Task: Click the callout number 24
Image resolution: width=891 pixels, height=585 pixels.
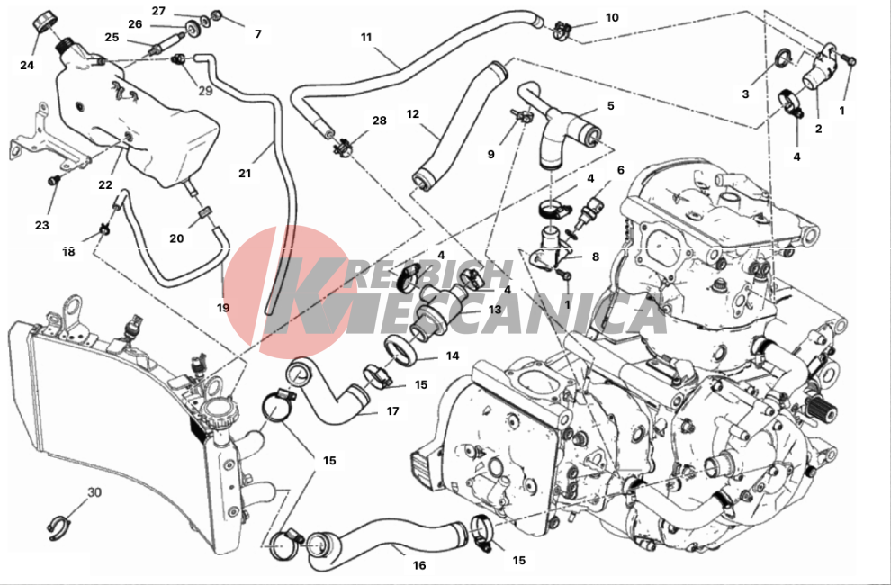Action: click(27, 66)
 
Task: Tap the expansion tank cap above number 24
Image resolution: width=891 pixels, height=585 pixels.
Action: click(44, 22)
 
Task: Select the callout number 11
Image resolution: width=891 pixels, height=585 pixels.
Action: click(366, 38)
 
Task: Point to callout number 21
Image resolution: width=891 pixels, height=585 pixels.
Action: click(244, 174)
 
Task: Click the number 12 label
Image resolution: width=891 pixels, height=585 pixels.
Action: click(412, 114)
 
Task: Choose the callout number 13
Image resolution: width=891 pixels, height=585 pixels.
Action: click(494, 310)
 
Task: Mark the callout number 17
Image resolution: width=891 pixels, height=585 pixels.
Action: click(392, 411)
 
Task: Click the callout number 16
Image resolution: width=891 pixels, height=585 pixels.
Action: click(418, 565)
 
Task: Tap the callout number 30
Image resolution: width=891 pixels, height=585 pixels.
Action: click(94, 492)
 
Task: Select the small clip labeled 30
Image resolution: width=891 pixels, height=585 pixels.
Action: click(58, 528)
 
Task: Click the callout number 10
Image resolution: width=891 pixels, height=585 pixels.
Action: click(612, 18)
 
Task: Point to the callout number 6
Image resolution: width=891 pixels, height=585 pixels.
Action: click(620, 170)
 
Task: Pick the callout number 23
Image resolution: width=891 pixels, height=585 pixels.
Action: click(42, 226)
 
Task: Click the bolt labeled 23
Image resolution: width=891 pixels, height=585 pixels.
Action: click(55, 180)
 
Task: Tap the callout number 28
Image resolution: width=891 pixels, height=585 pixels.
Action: click(379, 121)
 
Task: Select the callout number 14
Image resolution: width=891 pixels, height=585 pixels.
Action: click(453, 356)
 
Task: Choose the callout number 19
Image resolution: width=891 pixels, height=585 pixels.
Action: click(223, 308)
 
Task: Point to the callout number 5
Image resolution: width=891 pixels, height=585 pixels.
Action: click(611, 105)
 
